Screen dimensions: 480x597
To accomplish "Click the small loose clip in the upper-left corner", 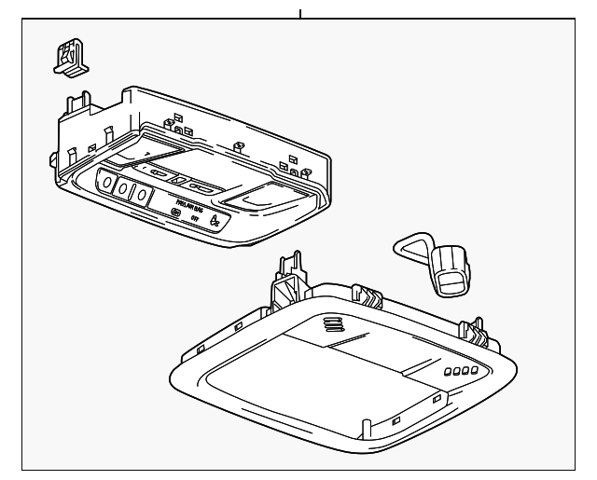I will point(69,57).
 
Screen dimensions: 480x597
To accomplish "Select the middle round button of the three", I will point(122,190).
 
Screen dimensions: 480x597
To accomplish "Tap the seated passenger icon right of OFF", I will point(215,222).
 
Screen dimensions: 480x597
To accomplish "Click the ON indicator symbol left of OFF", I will point(174,213).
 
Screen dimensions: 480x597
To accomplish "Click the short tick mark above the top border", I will point(300,13).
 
